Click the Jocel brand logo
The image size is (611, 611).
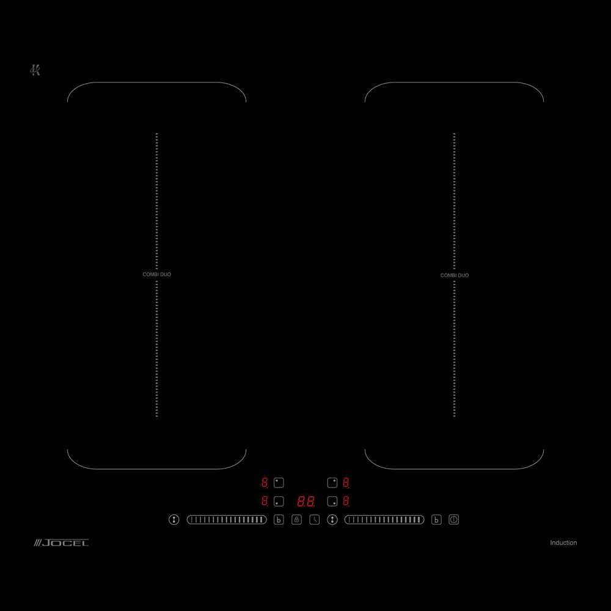pyautogui.click(x=61, y=543)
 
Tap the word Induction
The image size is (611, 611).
pyautogui.click(x=563, y=543)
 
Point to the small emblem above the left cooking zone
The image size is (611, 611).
pyautogui.click(x=35, y=70)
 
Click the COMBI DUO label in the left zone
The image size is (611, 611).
pyautogui.click(x=156, y=274)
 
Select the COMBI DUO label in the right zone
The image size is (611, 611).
pyautogui.click(x=455, y=275)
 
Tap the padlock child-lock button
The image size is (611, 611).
pyautogui.click(x=296, y=519)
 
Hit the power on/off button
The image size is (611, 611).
pyautogui.click(x=453, y=519)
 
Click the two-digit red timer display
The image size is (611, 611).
pyautogui.click(x=306, y=501)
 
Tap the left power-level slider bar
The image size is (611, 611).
pyautogui.click(x=227, y=519)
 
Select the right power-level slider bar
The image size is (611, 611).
pyautogui.click(x=384, y=519)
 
